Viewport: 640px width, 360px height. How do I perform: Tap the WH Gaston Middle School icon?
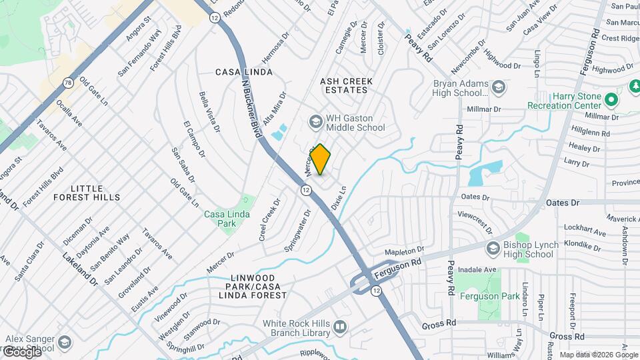(x=315, y=121)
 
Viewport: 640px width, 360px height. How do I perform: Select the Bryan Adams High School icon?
(x=497, y=87)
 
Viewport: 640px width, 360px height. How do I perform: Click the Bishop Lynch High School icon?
(x=493, y=249)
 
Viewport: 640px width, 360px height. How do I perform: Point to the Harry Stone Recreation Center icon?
(x=613, y=101)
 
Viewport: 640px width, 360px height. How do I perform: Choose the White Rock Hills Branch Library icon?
(x=340, y=327)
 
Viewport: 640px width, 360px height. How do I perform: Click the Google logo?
(x=21, y=352)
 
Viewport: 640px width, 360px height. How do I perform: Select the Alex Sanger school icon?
(x=65, y=343)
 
